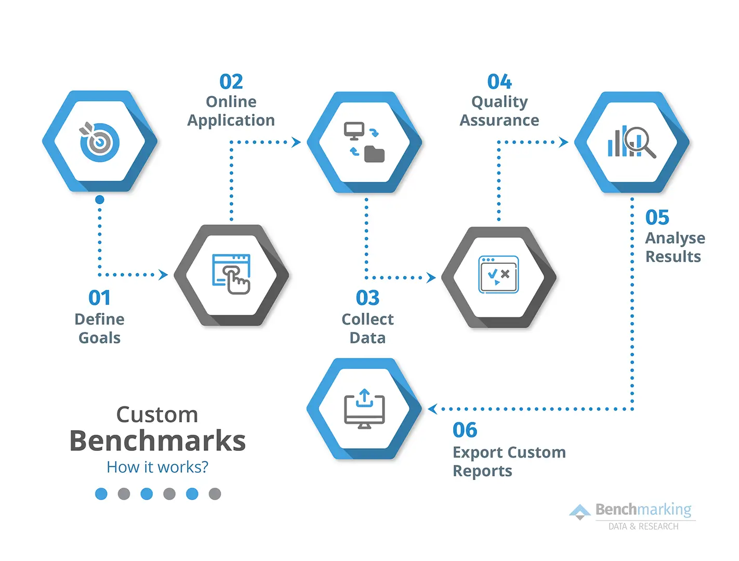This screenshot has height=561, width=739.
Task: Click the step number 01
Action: pos(99,298)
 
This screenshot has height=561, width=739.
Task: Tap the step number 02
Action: pos(231,82)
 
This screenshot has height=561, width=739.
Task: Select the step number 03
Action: pos(367,298)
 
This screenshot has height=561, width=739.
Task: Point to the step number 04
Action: pos(499,82)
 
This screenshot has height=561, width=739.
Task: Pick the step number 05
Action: pos(657,218)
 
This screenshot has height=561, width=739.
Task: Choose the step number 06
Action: pos(465,430)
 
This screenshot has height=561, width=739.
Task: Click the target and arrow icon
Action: pos(99,141)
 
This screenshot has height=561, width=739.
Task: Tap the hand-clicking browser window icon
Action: pos(232,274)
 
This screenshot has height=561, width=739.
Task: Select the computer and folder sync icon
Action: pos(364,142)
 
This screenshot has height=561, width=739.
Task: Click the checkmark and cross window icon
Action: pos(498,275)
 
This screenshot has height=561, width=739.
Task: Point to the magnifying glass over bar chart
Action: pos(631,142)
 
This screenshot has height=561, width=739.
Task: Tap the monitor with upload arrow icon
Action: pos(364,409)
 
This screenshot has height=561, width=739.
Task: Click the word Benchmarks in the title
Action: pos(157,441)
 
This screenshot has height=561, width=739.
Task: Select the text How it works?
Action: pos(157,467)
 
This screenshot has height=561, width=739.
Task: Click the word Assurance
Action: pos(499,121)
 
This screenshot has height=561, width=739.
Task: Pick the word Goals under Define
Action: pos(99,338)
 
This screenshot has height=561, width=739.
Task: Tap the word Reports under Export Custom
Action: pos(482,471)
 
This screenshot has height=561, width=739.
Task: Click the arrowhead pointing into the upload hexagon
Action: pos(432,409)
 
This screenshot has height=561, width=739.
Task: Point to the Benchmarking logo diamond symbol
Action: pos(580,512)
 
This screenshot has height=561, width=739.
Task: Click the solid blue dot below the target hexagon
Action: pos(100,199)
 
